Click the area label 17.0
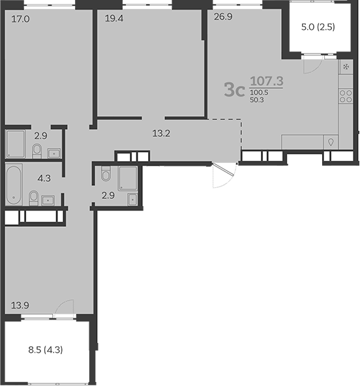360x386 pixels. [20, 19]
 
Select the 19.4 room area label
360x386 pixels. [113, 19]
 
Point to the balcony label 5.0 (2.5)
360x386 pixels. [318, 27]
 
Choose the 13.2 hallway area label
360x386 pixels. [161, 134]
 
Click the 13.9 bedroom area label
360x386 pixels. [20, 304]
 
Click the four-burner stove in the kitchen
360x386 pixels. [345, 98]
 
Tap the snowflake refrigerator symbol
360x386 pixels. [345, 67]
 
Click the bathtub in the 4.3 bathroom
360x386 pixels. [14, 185]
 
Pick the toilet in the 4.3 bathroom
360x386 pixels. [33, 196]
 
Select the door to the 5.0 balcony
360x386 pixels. [312, 64]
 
